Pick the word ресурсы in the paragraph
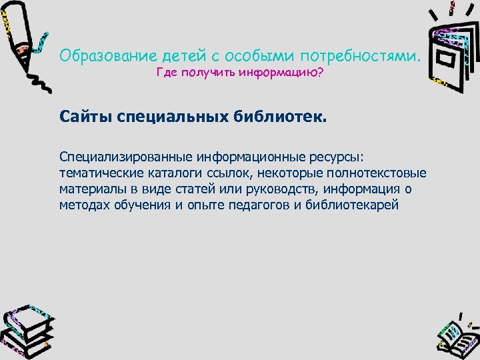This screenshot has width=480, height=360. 337,157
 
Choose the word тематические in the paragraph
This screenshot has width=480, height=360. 93,173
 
